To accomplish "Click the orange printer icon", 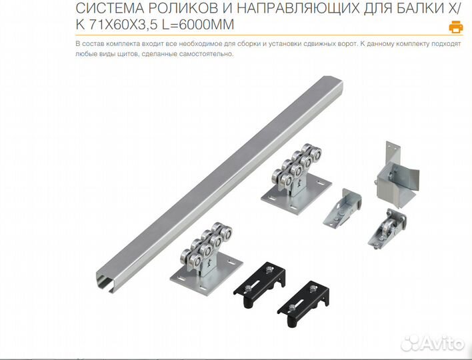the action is pyautogui.click(x=456, y=27).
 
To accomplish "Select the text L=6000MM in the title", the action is pyautogui.click(x=198, y=25).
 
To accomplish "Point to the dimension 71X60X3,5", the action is pyautogui.click(x=123, y=25).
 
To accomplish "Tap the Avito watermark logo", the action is pyautogui.click(x=432, y=343).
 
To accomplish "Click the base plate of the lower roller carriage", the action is pyautogui.click(x=206, y=275).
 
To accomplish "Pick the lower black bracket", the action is pyautogui.click(x=303, y=304).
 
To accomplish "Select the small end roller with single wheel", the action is pyautogui.click(x=387, y=229).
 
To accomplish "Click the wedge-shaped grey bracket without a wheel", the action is pyautogui.click(x=343, y=209).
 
